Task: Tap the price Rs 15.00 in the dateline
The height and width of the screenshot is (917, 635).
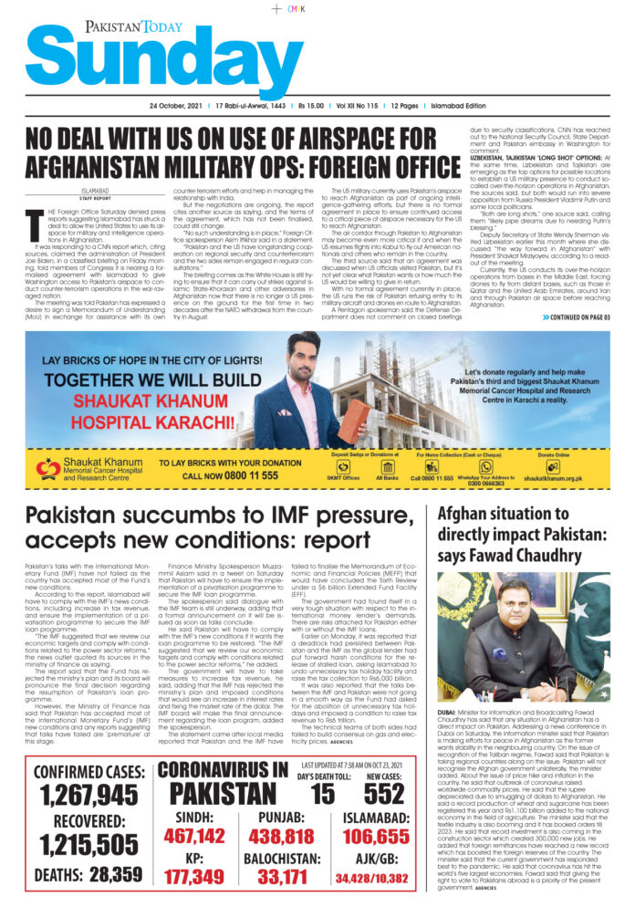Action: point(315,107)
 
